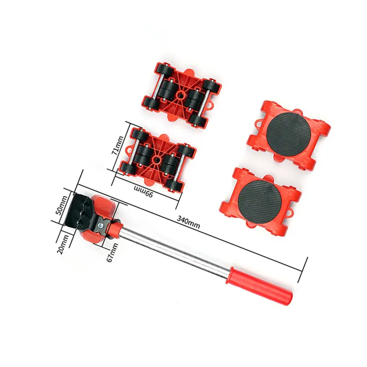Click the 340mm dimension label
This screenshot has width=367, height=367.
(188, 222)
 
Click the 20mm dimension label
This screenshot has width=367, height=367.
(63, 245)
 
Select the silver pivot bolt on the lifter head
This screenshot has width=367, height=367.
(102, 226)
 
